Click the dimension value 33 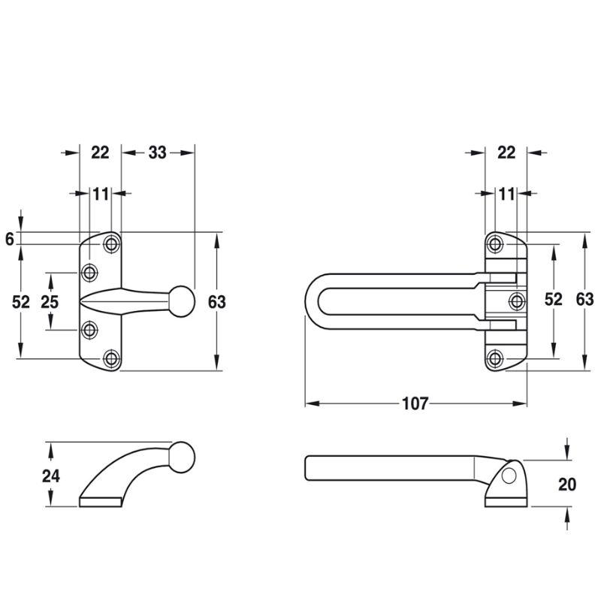(157, 153)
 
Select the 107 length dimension (415, 403)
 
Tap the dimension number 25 (50, 302)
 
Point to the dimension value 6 (10, 239)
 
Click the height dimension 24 (51, 476)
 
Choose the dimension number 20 (567, 485)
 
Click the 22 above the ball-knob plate (100, 153)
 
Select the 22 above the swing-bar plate (506, 153)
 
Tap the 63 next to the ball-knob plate (217, 302)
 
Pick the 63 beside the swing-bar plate (585, 299)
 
